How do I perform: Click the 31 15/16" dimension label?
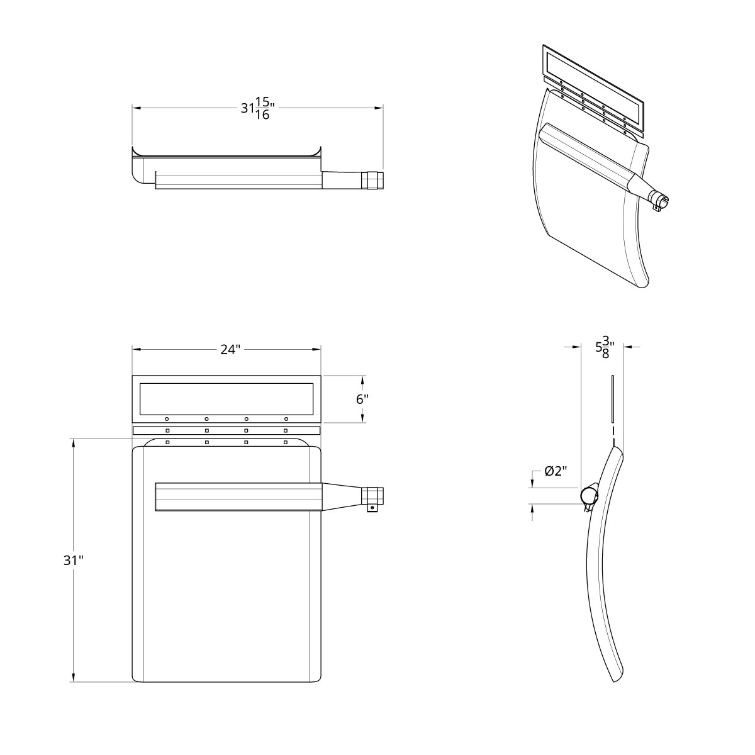point(257,108)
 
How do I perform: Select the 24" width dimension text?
point(230,349)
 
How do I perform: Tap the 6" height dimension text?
point(362,400)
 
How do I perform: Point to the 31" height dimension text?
point(73,560)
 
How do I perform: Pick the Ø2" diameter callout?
point(556,471)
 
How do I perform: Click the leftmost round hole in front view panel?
point(167,418)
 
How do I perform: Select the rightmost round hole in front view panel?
point(286,418)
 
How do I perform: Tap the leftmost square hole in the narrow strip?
point(167,430)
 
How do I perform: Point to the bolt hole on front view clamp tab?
point(372,508)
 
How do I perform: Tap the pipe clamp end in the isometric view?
point(660,201)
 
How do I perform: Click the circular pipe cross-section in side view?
point(589,495)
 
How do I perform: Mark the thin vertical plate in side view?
point(611,399)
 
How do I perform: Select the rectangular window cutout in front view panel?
point(226,398)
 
